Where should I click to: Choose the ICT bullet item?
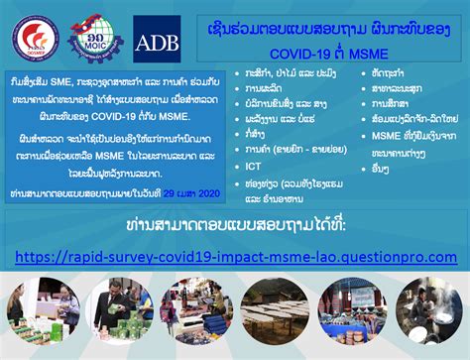tap(254, 167)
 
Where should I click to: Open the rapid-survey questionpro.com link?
tap(235, 257)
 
